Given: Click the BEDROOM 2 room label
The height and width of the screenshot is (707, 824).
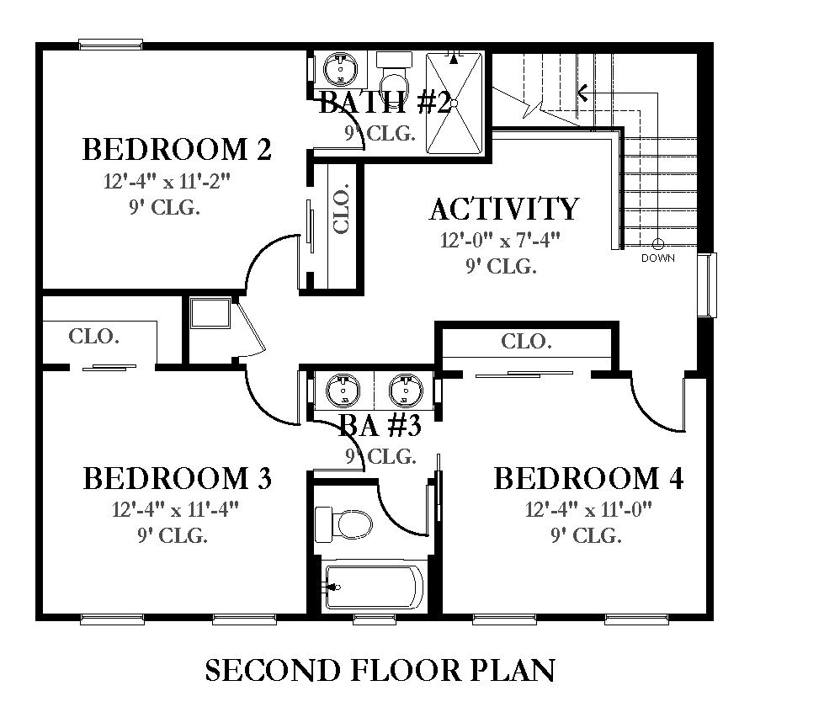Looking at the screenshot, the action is pos(177,149).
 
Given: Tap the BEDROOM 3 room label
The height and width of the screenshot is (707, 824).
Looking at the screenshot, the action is pos(178,478).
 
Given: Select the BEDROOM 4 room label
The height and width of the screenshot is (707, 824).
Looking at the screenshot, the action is pos(588,478).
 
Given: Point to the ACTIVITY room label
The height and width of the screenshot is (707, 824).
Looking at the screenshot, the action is pos(504,209).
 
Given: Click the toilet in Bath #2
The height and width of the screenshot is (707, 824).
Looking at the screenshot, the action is pos(393,77).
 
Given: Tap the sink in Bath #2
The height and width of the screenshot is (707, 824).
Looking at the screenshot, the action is pos(340,69).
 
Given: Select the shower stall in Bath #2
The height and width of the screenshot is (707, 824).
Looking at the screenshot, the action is pos(454,103).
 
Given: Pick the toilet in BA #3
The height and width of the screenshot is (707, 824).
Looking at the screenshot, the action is pos(343,524).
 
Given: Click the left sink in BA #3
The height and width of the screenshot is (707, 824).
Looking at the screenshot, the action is pos(343,391).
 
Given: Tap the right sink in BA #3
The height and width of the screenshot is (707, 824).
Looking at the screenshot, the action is pos(406,391).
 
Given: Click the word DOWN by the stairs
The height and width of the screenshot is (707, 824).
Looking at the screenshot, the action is pos(658,258).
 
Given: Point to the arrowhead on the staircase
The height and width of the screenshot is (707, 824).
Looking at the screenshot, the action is pos(582,93).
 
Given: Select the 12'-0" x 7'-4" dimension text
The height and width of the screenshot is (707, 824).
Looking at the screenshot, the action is pos(500,240).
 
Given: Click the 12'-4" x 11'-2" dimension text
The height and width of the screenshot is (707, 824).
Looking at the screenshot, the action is pos(167,181).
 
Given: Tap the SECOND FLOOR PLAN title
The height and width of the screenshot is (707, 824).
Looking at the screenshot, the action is pos(380,671).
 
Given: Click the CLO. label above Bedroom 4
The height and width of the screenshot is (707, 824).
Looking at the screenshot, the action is pos(526,342).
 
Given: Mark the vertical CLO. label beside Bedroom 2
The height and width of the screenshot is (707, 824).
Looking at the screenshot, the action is pos(342,208).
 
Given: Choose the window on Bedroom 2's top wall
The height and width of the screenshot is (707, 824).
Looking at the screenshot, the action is pos(111,44).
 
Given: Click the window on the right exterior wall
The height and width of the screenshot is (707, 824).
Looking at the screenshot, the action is pos(708,284).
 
